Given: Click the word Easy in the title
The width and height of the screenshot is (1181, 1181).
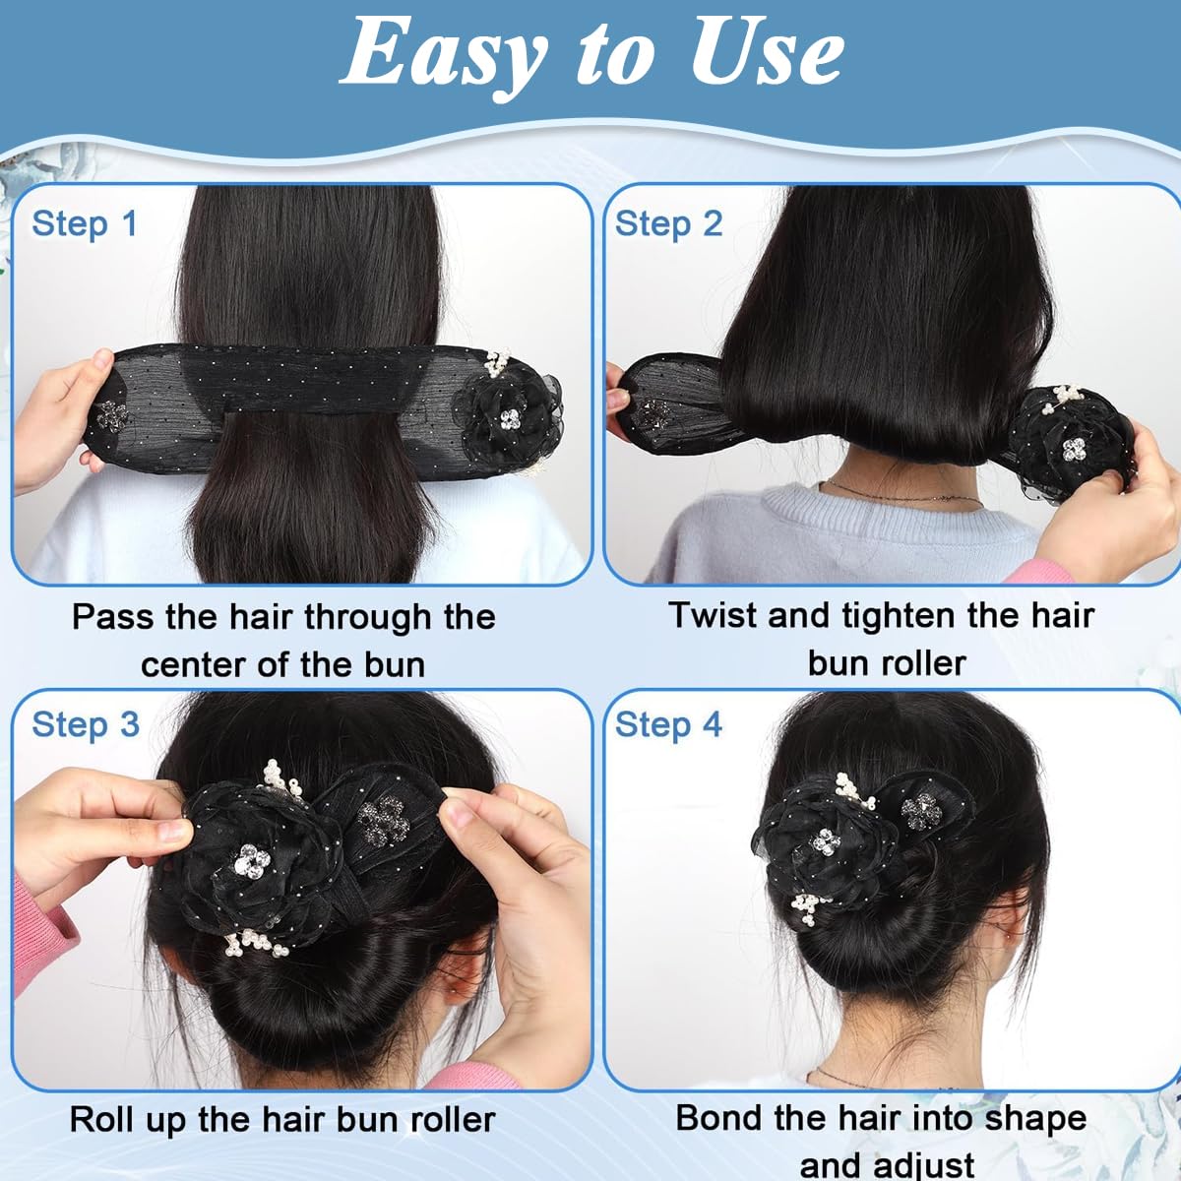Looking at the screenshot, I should [443, 54].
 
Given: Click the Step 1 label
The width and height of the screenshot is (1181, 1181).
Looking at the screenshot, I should [84, 223].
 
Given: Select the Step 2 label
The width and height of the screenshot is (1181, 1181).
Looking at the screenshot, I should [668, 223].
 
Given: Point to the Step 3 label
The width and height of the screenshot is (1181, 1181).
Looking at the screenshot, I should [86, 724].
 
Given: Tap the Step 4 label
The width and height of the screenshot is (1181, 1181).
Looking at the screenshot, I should [668, 725].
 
